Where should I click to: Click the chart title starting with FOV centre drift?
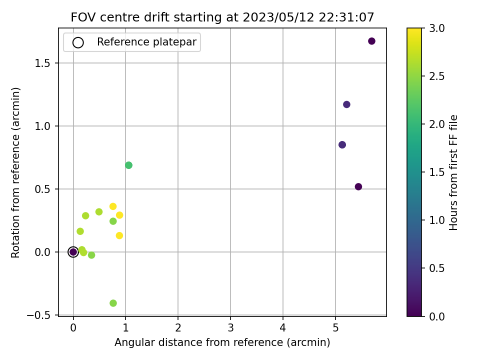(222, 17)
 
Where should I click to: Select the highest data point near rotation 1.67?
(371, 41)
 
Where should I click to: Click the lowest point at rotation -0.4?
(113, 303)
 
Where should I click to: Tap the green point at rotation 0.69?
(128, 165)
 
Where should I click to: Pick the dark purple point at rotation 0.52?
(358, 186)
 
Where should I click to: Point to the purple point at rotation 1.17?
(346, 104)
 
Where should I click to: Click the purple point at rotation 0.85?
(342, 144)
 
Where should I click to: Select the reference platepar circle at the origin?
(73, 252)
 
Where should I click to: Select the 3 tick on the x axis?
(230, 328)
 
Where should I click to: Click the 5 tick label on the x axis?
(335, 328)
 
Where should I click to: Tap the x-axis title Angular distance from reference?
(222, 342)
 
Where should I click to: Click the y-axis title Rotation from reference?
(16, 172)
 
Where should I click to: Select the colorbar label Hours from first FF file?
(453, 172)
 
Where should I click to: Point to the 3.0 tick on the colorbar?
(435, 28)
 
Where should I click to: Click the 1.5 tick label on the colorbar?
(435, 172)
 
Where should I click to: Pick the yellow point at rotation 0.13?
(119, 235)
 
